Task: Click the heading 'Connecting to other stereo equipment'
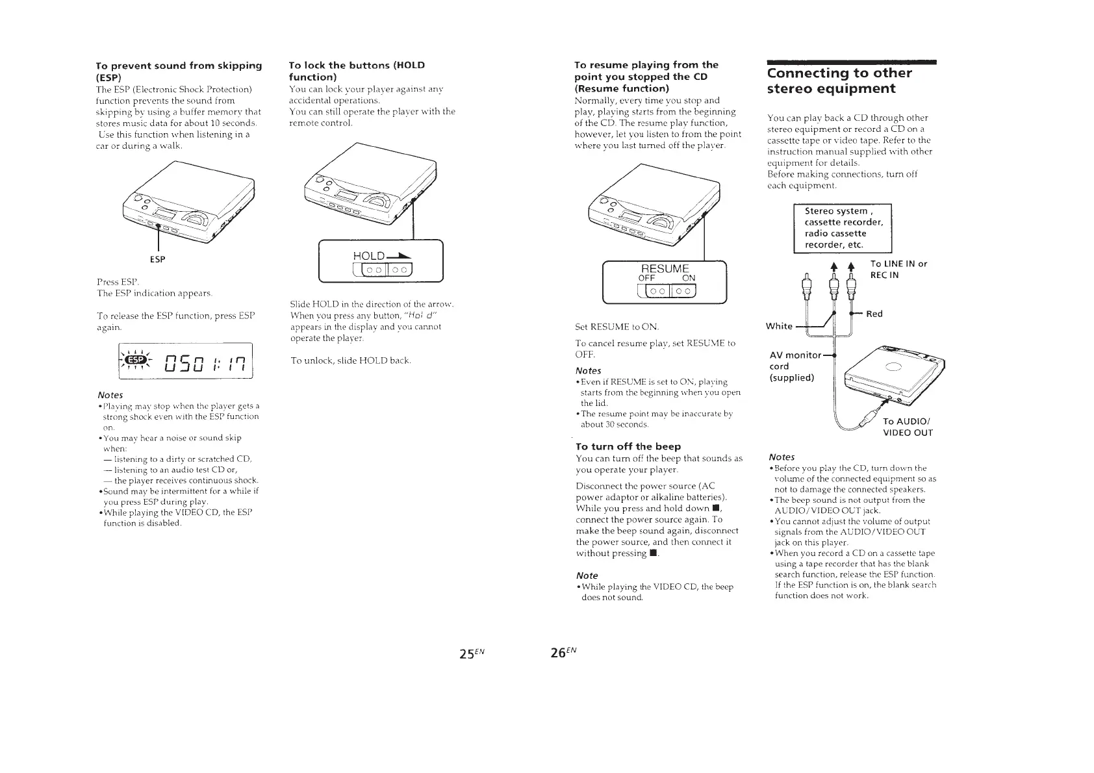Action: (839, 81)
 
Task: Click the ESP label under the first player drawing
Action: (157, 259)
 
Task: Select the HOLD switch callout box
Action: (381, 261)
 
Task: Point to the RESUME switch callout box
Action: (665, 281)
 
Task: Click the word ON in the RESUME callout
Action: (688, 278)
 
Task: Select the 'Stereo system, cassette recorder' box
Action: (843, 228)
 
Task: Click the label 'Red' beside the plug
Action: (874, 314)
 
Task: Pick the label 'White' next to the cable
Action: (780, 326)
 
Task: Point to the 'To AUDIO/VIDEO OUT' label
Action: (908, 427)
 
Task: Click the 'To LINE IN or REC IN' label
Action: (898, 269)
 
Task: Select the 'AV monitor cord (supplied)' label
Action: (793, 366)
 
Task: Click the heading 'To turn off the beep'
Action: (628, 446)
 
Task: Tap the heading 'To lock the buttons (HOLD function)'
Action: (357, 71)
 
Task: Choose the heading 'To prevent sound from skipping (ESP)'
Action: (179, 71)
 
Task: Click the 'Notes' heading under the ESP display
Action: (110, 395)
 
